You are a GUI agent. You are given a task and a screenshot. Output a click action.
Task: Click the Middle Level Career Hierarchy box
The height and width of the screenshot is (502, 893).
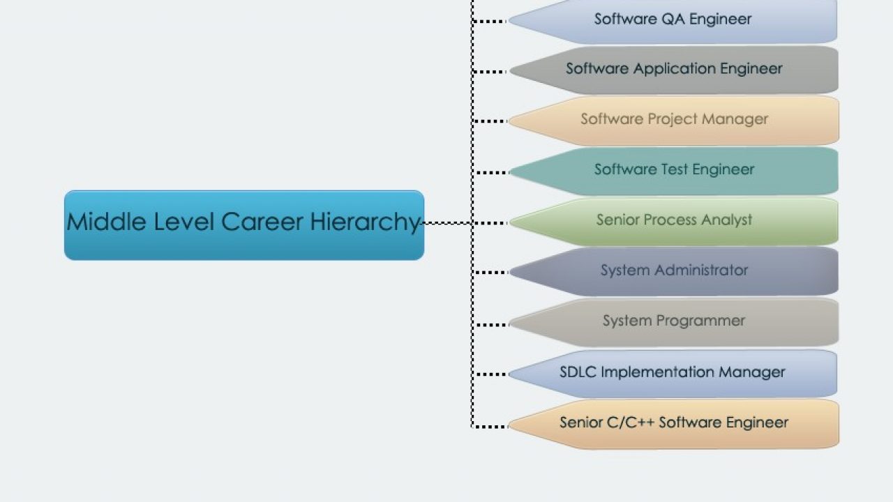pyautogui.click(x=244, y=225)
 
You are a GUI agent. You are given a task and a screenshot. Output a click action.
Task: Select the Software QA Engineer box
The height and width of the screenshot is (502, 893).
pyautogui.click(x=673, y=21)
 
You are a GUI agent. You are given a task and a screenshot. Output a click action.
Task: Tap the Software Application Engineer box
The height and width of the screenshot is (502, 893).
pyautogui.click(x=674, y=70)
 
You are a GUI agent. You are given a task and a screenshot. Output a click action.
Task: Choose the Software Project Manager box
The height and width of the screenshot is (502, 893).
pyautogui.click(x=674, y=121)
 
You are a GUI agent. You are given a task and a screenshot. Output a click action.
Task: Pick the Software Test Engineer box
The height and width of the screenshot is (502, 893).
pyautogui.click(x=674, y=171)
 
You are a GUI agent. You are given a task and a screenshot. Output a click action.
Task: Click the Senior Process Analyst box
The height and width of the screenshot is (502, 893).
pyautogui.click(x=674, y=222)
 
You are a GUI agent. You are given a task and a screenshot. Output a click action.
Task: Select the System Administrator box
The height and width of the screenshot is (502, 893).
pyautogui.click(x=674, y=271)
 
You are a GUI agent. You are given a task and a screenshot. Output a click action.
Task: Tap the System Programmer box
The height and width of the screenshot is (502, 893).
pyautogui.click(x=674, y=322)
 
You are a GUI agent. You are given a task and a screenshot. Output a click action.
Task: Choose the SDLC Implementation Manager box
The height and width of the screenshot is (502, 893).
pyautogui.click(x=673, y=374)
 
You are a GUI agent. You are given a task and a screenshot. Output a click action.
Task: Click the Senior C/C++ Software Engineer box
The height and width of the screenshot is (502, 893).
pyautogui.click(x=674, y=425)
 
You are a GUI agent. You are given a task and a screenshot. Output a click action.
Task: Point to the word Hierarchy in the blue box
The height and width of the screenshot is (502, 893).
pyautogui.click(x=365, y=222)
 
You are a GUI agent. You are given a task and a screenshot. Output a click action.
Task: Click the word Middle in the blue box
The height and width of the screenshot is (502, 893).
pyautogui.click(x=107, y=221)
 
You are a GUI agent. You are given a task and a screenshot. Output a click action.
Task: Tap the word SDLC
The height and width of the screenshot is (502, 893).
pyautogui.click(x=578, y=372)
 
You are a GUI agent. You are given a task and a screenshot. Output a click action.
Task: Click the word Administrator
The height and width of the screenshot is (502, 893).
pyautogui.click(x=701, y=270)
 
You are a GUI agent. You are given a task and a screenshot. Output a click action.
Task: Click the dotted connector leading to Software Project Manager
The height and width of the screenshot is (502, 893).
pyautogui.click(x=490, y=121)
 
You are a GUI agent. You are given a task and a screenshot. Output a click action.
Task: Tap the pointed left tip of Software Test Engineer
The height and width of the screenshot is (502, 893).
pyautogui.click(x=510, y=172)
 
